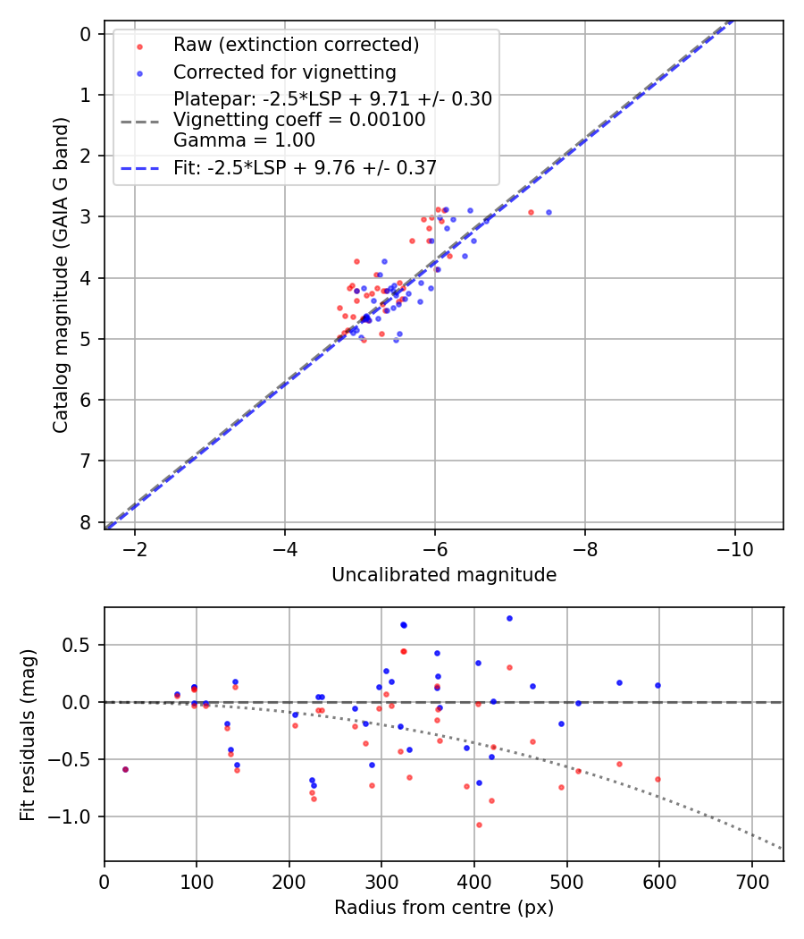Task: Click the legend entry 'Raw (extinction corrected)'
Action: tap(296, 45)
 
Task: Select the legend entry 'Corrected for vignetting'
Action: tap(284, 72)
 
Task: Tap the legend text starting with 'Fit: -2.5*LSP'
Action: tap(305, 167)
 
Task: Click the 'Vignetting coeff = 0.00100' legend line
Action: tap(299, 119)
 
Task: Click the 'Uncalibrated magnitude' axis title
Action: tap(444, 575)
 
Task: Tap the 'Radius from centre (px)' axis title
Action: tap(444, 908)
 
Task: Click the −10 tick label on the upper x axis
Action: tap(735, 547)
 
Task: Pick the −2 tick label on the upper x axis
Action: tap(135, 547)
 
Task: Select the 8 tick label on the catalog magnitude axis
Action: tap(86, 522)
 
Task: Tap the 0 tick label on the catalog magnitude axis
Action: tap(86, 34)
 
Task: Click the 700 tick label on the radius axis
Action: tap(751, 881)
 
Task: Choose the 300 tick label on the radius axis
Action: tap(381, 881)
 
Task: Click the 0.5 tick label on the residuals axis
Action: tap(81, 645)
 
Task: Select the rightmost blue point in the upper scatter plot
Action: tap(549, 213)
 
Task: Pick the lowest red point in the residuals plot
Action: tap(479, 825)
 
